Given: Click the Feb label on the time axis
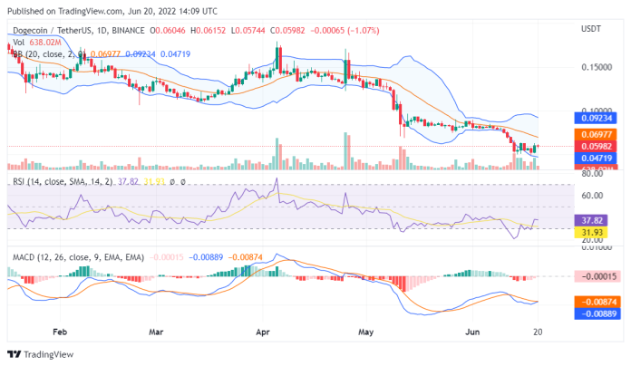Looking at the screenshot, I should click(x=60, y=332).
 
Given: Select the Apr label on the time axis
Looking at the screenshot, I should click(x=263, y=332).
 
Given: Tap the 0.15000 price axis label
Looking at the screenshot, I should click(x=595, y=67).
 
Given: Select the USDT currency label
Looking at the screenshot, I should click(x=591, y=28).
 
